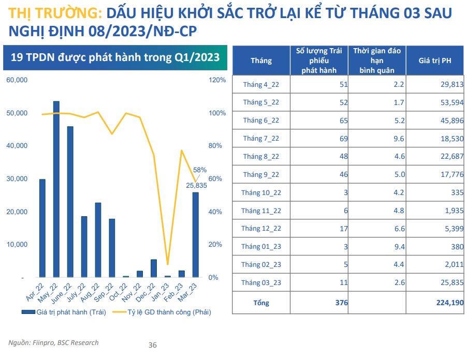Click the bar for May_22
(56, 189)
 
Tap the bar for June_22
(70, 202)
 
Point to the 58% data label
(200, 170)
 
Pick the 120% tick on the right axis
(217, 80)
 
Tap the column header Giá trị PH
(435, 61)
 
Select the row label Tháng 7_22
(261, 138)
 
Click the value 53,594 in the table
(450, 102)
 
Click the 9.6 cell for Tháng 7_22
(399, 138)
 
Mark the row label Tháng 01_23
(261, 247)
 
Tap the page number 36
(152, 345)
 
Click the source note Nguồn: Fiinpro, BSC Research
(53, 342)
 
